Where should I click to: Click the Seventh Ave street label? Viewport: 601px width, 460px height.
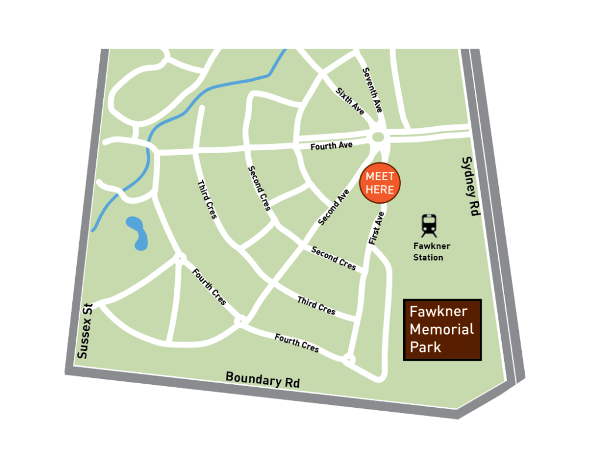point(373,90)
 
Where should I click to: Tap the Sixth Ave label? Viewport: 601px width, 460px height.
point(350,101)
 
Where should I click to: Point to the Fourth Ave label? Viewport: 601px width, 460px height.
point(332,145)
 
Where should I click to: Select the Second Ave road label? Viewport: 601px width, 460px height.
point(333,207)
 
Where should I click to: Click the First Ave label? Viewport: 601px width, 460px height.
point(376,228)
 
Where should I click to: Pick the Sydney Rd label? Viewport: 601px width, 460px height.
point(470,186)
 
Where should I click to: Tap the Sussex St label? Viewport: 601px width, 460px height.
point(86,331)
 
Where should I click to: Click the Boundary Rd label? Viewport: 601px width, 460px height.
point(263,380)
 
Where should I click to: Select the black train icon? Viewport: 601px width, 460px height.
point(429,225)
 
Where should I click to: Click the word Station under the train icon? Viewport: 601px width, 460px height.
point(428,257)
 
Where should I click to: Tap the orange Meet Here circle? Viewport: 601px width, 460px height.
point(380,183)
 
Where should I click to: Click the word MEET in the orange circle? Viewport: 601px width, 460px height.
point(380,177)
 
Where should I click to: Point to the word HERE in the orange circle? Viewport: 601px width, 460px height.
point(380,190)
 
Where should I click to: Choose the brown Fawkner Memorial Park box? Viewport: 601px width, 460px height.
point(443,329)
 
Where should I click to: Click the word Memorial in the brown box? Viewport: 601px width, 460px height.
point(442,329)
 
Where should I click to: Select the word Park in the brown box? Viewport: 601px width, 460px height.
point(426,347)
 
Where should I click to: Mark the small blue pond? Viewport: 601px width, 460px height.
point(137,232)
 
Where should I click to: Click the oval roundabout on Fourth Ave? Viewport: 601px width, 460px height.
point(378,137)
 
